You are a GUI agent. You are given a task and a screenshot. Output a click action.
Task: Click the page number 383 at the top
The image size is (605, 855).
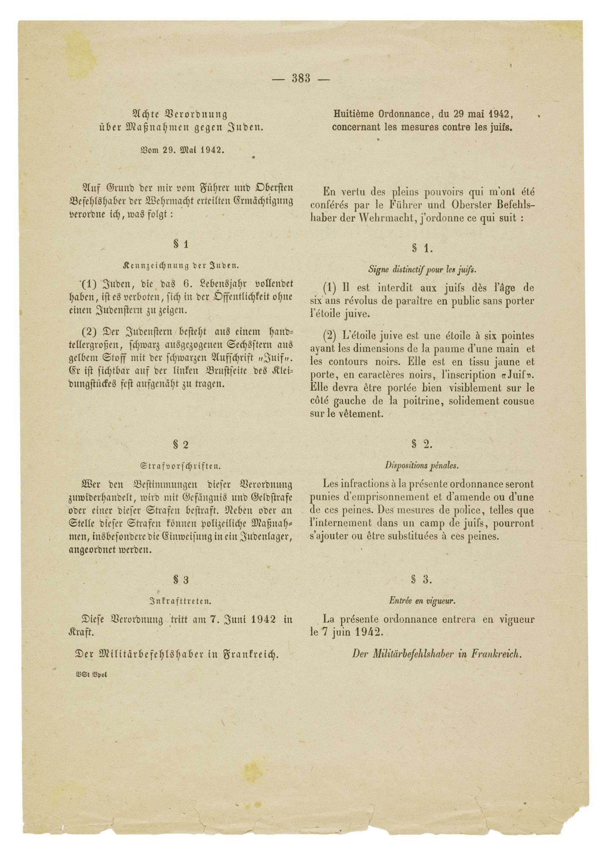tap(301, 78)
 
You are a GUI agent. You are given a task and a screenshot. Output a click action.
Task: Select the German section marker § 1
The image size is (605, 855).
tap(181, 244)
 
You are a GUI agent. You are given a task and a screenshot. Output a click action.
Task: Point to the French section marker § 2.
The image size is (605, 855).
tap(422, 444)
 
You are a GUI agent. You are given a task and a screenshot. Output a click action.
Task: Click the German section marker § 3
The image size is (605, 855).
tap(181, 580)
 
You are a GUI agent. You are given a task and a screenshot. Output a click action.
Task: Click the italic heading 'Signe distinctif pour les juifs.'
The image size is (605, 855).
tap(422, 270)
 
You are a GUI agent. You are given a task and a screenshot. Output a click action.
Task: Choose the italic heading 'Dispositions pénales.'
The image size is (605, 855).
tap(422, 465)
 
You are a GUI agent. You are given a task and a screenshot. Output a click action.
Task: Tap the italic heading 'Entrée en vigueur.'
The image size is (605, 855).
tap(422, 600)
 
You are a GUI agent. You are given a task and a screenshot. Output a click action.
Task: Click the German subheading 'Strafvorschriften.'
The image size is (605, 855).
tap(181, 465)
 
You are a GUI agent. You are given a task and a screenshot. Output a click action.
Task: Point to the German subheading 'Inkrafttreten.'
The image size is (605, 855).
tap(181, 601)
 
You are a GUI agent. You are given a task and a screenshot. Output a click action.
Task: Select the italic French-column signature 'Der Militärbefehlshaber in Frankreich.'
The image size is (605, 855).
tap(437, 653)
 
